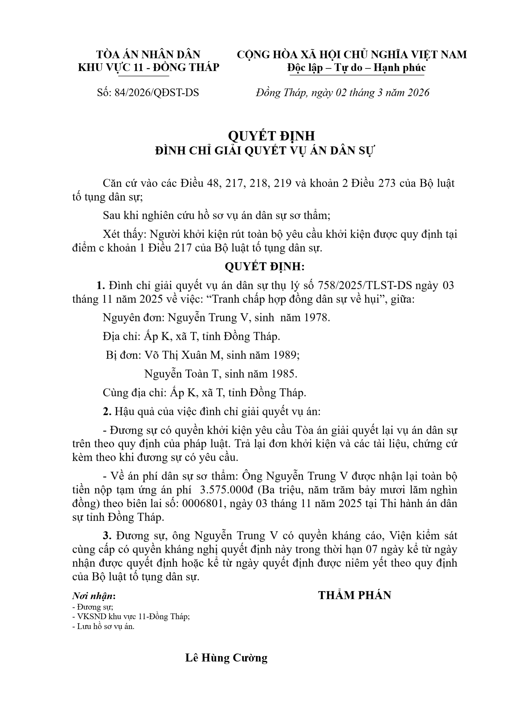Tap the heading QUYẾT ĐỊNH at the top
(271, 136)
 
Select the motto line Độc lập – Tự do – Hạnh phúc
(356, 68)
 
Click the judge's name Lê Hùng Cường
(226, 658)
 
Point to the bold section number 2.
(107, 412)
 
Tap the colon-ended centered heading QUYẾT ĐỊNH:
(265, 267)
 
